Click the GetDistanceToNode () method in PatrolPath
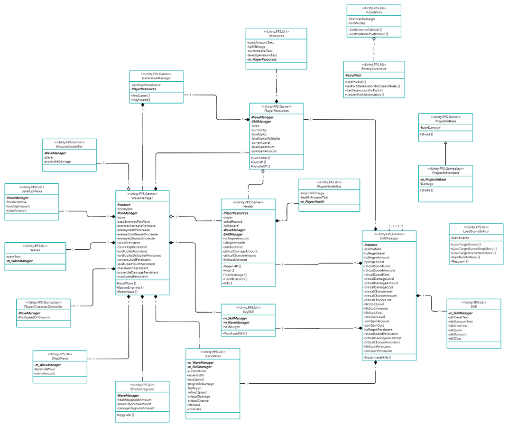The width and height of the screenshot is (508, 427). pos(366,29)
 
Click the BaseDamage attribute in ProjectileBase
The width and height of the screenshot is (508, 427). pos(431,128)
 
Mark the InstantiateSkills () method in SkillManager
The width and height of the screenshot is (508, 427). pos(378,357)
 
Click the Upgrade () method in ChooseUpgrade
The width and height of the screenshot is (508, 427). pos(126,415)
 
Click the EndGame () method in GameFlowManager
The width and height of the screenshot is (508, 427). pos(140,95)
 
